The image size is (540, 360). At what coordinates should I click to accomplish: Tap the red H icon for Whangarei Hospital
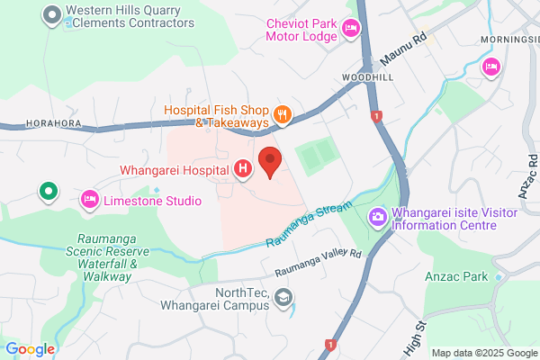(x=242, y=169)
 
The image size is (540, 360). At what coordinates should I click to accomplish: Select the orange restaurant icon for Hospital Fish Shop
(x=283, y=113)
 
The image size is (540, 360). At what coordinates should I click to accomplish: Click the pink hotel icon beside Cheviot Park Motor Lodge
(x=351, y=34)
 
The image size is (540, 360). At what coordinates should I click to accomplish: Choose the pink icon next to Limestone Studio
(x=90, y=199)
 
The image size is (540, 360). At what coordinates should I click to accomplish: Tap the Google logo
(x=30, y=349)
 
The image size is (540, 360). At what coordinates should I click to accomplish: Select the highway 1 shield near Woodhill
(x=375, y=116)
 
